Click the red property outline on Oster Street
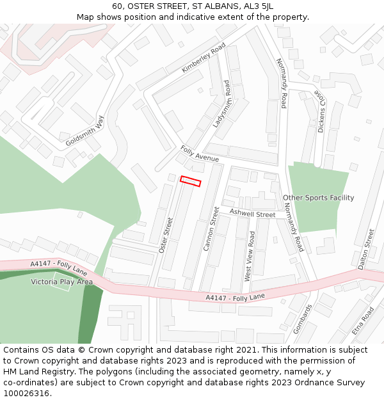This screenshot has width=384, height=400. point(190,181)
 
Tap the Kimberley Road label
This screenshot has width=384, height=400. point(204,58)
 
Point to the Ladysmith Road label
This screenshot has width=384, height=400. point(221,104)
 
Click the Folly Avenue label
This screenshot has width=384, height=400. point(200,154)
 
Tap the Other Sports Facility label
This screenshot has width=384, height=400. point(318,198)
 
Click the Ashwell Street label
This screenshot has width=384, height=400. point(252,214)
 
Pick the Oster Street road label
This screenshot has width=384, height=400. point(165,235)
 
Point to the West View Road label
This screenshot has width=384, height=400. point(248,256)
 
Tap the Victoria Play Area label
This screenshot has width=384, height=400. point(62,282)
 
